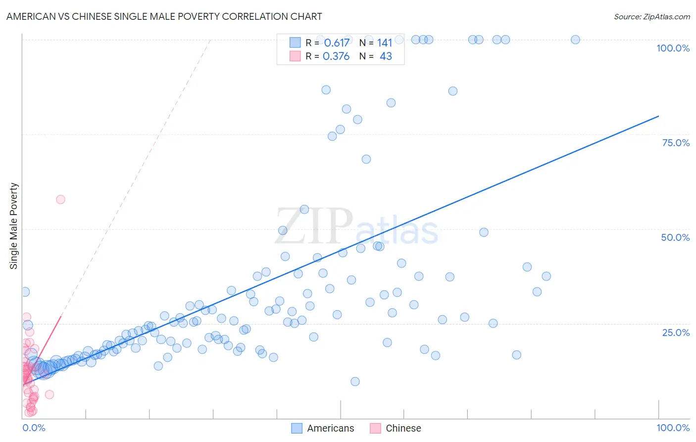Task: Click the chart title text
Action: coord(164,16)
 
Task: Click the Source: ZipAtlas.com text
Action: coord(651,16)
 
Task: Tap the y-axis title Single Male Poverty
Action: coord(14,226)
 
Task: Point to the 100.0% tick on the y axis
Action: coord(673,48)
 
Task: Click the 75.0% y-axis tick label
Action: coord(675,143)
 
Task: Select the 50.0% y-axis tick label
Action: coord(675,237)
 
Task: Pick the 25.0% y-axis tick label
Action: coord(675,332)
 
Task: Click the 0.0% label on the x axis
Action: coord(34,428)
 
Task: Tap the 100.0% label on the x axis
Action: coord(673,428)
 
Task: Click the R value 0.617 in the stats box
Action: coord(337,43)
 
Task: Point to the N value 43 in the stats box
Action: coord(386,56)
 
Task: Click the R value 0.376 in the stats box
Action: coord(336,56)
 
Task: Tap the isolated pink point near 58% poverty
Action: coord(60,199)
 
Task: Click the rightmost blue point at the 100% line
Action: coord(575,40)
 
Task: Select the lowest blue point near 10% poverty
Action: coord(355,382)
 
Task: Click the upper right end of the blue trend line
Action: coord(658,116)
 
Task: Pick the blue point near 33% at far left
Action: coord(25,292)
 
